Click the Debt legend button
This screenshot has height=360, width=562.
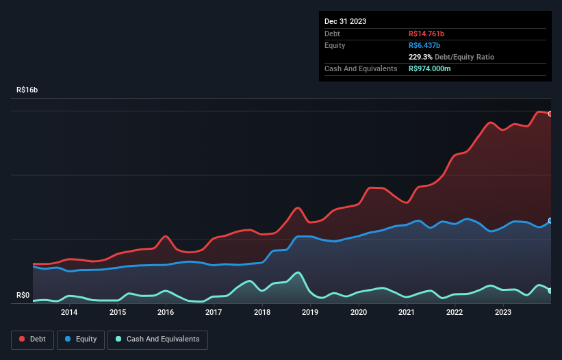click(x=32, y=339)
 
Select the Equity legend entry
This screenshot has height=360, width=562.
click(x=81, y=339)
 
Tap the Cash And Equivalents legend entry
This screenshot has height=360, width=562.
click(x=157, y=339)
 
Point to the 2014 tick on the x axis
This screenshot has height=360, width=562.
click(x=69, y=313)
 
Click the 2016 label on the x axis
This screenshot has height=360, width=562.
click(x=166, y=313)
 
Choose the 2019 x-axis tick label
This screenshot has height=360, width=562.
click(x=310, y=313)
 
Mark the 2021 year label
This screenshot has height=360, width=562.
click(x=407, y=313)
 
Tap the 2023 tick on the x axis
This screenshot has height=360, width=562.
click(x=503, y=313)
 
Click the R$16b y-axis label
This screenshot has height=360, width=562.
click(x=27, y=90)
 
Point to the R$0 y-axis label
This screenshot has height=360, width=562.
click(x=23, y=296)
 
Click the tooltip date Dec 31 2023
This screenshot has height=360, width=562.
click(x=345, y=21)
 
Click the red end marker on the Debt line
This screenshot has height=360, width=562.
click(x=550, y=114)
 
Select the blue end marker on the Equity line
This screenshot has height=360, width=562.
click(x=550, y=220)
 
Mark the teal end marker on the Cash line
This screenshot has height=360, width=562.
click(x=550, y=291)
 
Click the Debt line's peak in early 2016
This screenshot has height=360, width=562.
click(x=165, y=236)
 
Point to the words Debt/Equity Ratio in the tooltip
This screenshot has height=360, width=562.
click(x=465, y=57)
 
